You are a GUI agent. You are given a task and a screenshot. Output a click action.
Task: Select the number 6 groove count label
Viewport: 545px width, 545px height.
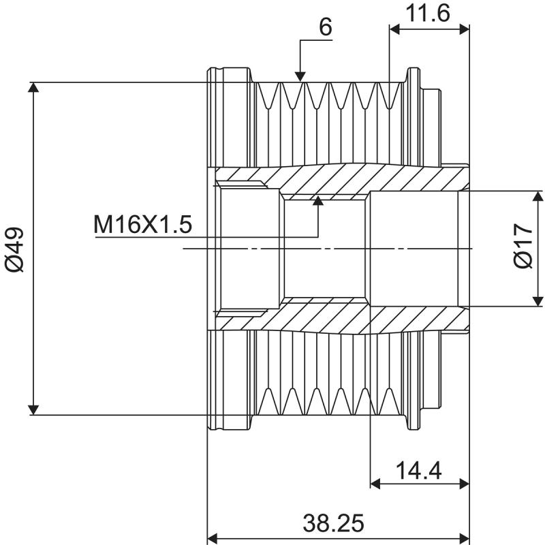pyautogui.click(x=325, y=27)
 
